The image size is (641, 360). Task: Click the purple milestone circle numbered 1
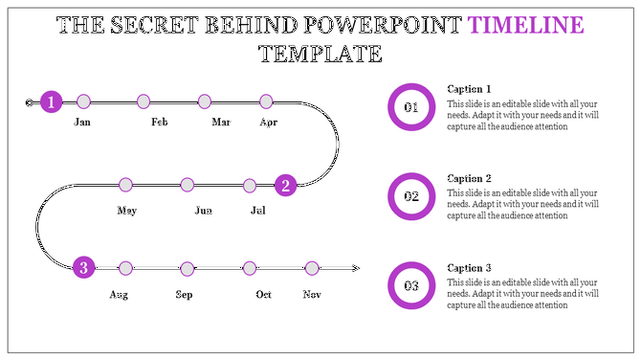[52, 101]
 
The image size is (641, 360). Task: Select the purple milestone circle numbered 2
[285, 185]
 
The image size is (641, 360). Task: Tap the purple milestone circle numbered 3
[84, 268]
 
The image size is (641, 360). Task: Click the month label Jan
[83, 123]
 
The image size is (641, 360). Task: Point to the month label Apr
[269, 123]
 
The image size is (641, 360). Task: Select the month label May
[126, 210]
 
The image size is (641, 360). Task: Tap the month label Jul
[258, 210]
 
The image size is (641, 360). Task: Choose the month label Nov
[312, 294]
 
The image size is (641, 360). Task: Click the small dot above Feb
[144, 101]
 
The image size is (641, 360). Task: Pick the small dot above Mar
[204, 101]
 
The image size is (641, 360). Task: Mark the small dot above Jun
[188, 185]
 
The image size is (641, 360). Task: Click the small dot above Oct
[250, 268]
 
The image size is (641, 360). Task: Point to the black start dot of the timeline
[29, 101]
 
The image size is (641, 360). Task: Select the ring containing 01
[411, 107]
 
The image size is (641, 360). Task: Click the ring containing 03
[411, 285]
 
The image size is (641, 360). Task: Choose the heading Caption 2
[469, 178]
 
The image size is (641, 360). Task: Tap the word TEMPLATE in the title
[320, 54]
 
